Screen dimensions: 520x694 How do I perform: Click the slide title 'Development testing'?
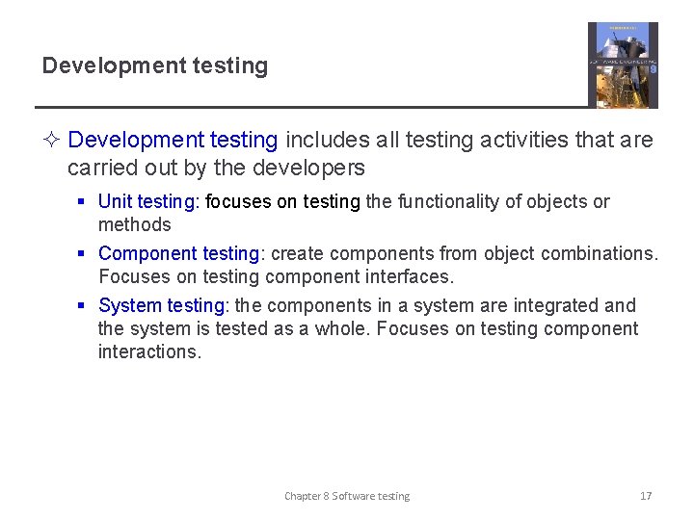point(154,66)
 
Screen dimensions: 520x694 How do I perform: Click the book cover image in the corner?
point(623,65)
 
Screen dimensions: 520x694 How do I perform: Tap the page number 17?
point(646,496)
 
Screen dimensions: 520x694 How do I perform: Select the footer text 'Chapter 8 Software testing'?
point(347,496)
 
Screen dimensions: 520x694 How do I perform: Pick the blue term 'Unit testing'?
point(148,202)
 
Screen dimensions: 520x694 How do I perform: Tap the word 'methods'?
point(134,225)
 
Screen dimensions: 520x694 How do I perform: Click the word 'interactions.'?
point(149,352)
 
